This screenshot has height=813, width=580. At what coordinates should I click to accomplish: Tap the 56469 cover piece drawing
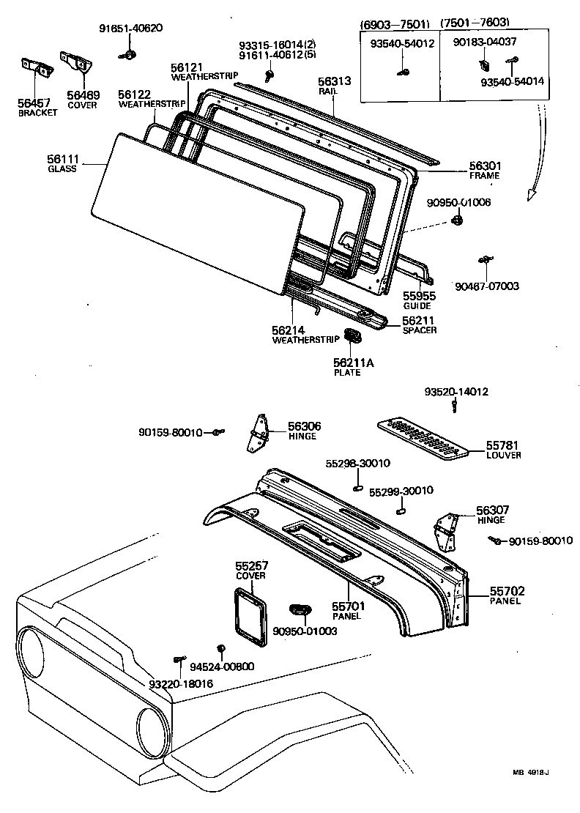click(x=75, y=63)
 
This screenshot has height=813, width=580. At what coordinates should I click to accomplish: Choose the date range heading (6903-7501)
click(x=395, y=22)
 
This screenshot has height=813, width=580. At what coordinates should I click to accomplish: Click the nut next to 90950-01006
click(x=457, y=220)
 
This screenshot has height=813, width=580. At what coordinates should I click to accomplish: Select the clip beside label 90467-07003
click(x=484, y=260)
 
